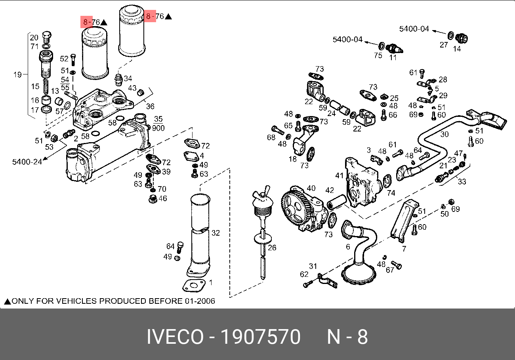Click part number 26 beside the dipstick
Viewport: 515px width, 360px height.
pyautogui.click(x=272, y=248)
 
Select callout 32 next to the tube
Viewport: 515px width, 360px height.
pyautogui.click(x=216, y=233)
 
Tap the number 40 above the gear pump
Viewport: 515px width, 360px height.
pyautogui.click(x=311, y=189)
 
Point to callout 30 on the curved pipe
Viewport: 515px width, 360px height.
pyautogui.click(x=444, y=134)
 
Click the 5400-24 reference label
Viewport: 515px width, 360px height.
pyautogui.click(x=27, y=162)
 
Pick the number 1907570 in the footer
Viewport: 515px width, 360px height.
pyautogui.click(x=260, y=337)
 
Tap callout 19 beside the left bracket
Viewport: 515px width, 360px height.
pyautogui.click(x=17, y=74)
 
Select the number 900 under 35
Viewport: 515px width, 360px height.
pyautogui.click(x=158, y=128)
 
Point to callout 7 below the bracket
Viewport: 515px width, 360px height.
pyautogui.click(x=404, y=249)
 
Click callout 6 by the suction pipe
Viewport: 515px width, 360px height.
pyautogui.click(x=348, y=246)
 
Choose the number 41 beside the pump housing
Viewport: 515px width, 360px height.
pyautogui.click(x=340, y=175)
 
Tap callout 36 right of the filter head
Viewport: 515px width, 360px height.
pyautogui.click(x=150, y=106)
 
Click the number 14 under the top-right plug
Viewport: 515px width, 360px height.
pyautogui.click(x=457, y=49)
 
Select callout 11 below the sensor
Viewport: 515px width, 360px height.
pyautogui.click(x=393, y=57)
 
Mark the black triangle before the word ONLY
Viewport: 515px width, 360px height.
pyautogui.click(x=7, y=301)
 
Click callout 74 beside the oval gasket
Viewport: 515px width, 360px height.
pyautogui.click(x=391, y=193)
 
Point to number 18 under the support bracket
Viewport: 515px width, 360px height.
pyautogui.click(x=293, y=159)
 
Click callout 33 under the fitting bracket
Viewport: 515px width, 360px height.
pyautogui.click(x=462, y=182)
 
